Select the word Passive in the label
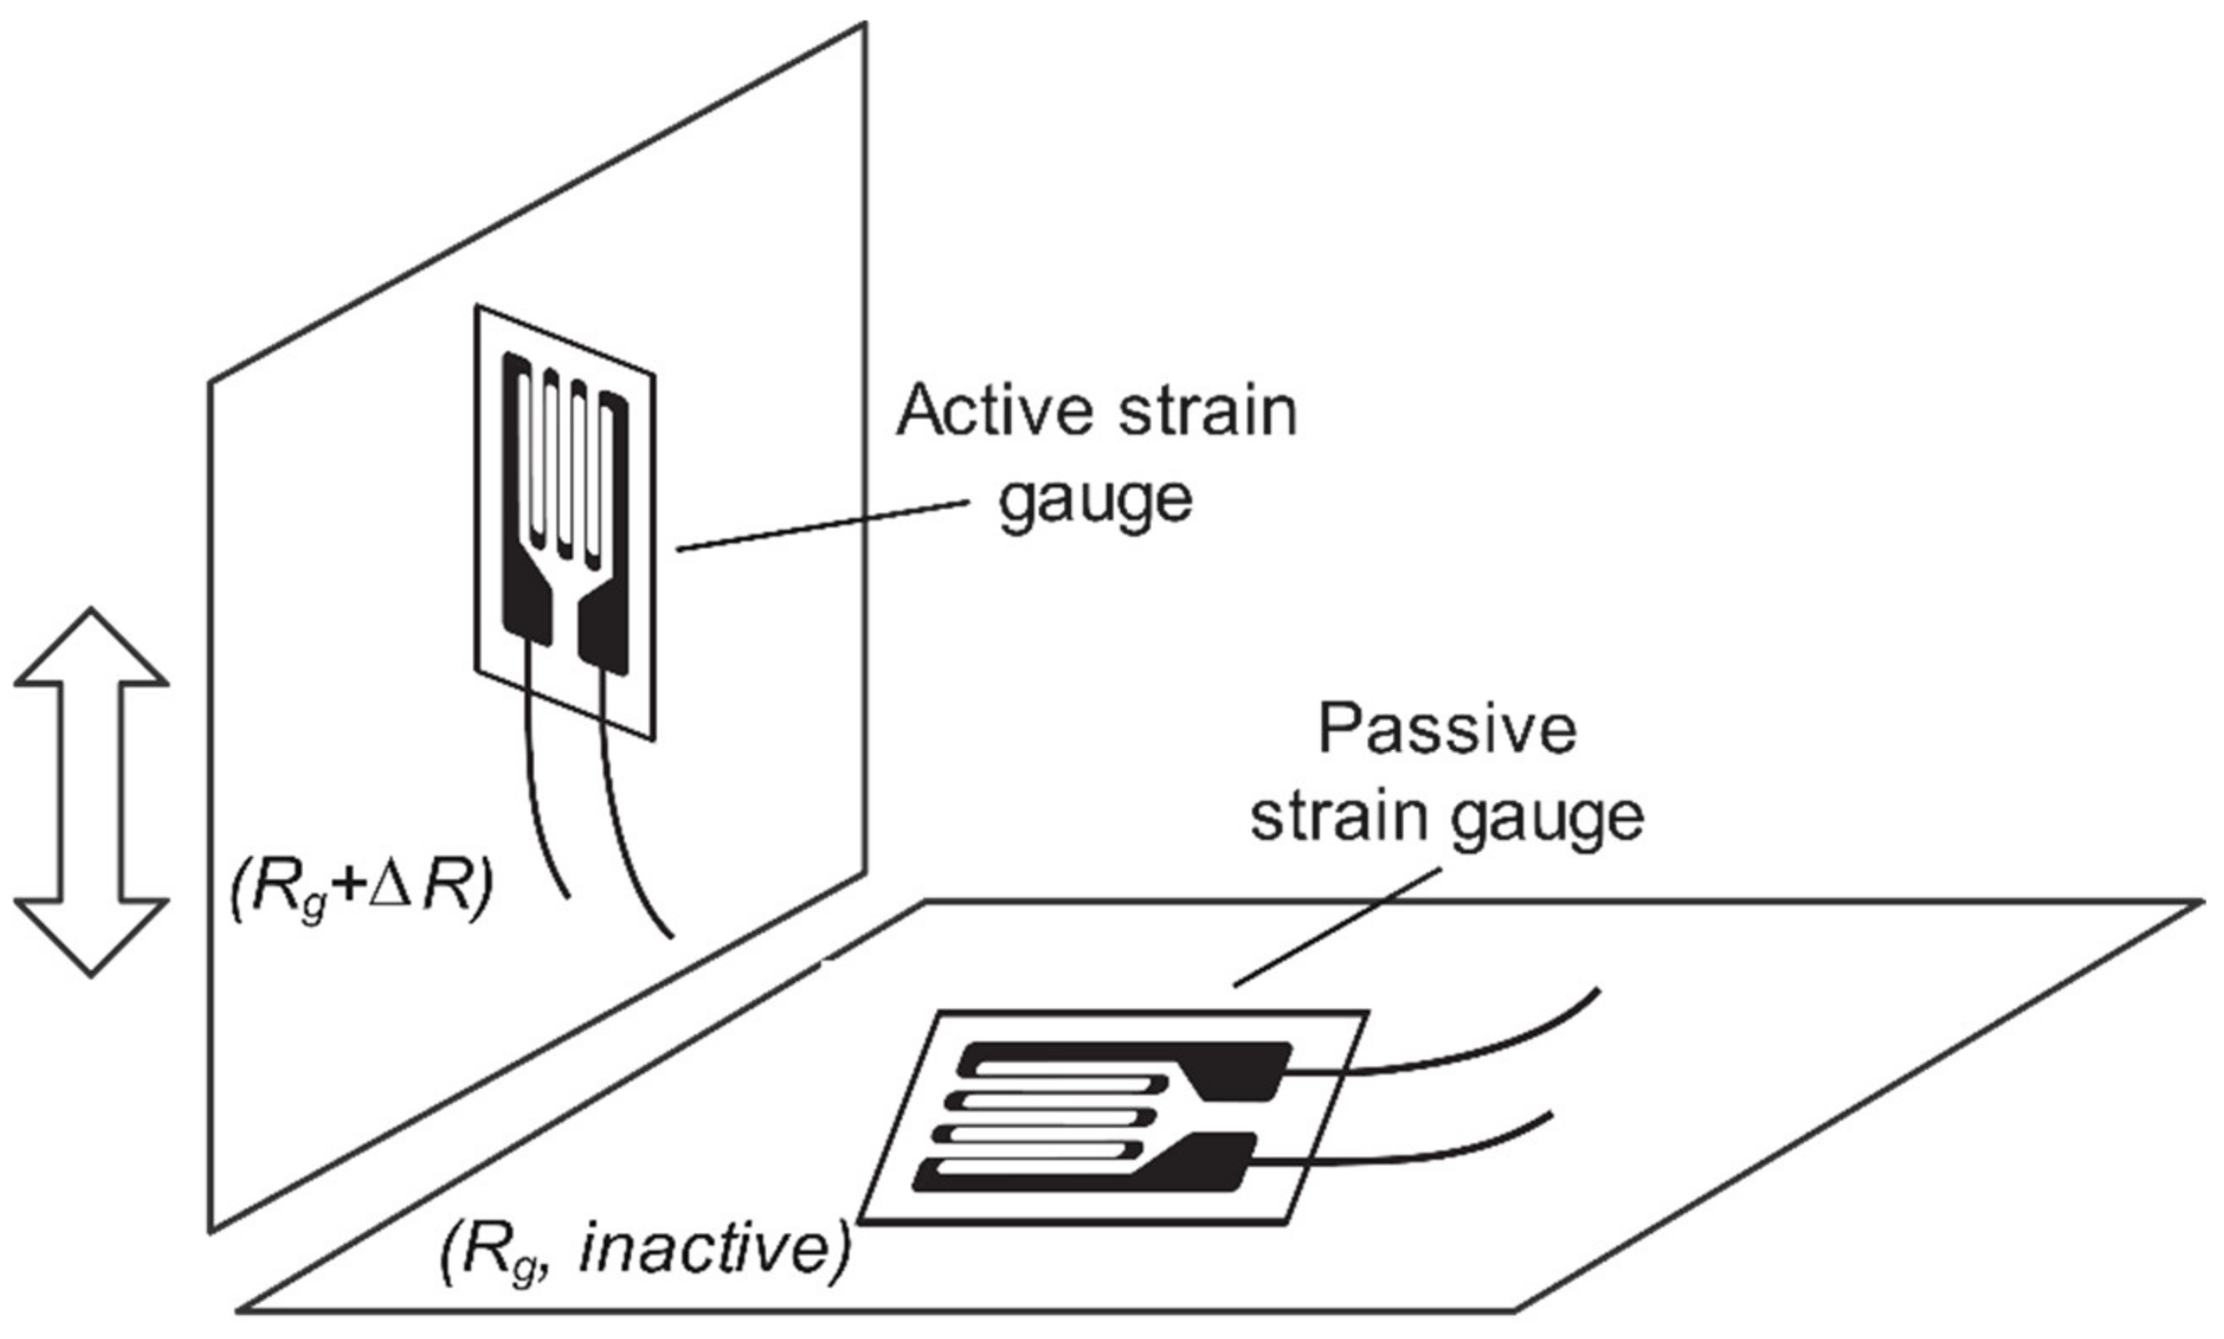pyautogui.click(x=1447, y=730)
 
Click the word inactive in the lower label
pyautogui.click(x=713, y=1250)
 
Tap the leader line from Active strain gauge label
pyautogui.click(x=821, y=526)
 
